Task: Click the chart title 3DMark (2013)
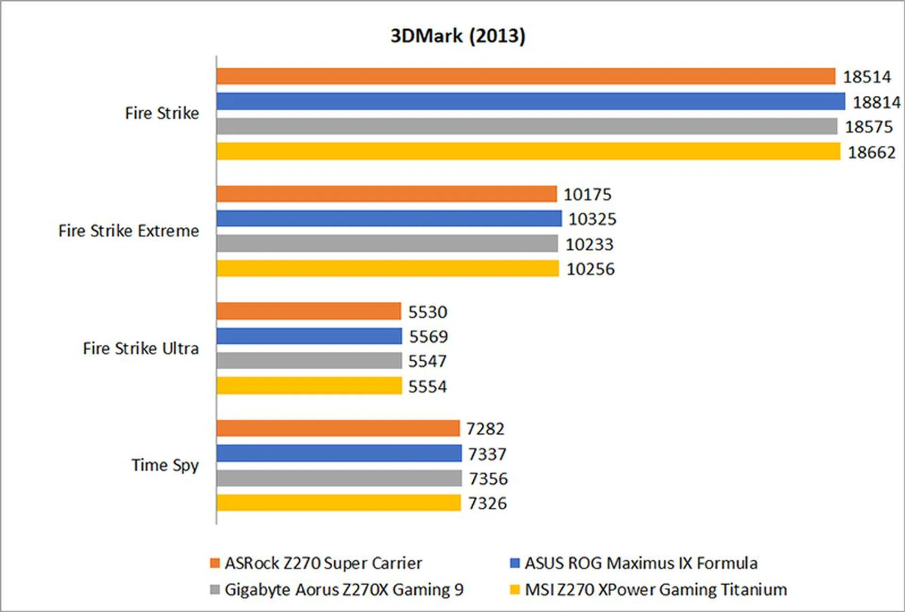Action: (458, 36)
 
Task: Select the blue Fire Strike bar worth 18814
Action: (530, 101)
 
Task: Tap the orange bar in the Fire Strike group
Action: (526, 76)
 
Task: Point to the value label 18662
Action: (872, 152)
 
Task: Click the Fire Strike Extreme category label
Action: (129, 231)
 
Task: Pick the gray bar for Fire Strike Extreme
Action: (387, 244)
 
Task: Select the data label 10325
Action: (592, 219)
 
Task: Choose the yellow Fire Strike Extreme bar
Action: (387, 269)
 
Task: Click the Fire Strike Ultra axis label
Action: (140, 348)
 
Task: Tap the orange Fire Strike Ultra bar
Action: (309, 312)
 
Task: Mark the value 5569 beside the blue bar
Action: (428, 337)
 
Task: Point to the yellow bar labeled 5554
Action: (309, 386)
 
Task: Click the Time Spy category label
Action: (165, 465)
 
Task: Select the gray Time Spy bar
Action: (339, 478)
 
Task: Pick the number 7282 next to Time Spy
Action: (485, 429)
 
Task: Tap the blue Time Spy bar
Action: (339, 454)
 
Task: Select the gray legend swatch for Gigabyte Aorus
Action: (215, 589)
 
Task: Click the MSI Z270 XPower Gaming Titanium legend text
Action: (656, 589)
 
